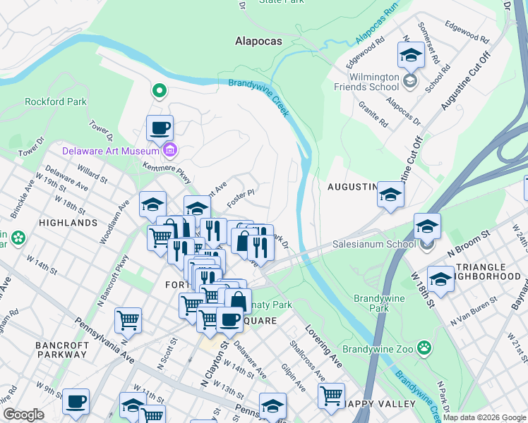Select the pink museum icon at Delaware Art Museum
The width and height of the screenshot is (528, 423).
click(x=169, y=149)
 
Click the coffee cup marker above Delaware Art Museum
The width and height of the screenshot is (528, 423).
click(x=160, y=128)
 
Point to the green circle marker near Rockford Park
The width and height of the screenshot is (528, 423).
click(x=160, y=90)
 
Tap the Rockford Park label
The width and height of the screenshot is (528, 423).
click(x=56, y=102)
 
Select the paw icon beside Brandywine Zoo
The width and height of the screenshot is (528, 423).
click(x=424, y=347)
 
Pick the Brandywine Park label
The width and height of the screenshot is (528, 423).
click(x=379, y=303)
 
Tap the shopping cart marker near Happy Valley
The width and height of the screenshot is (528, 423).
click(x=331, y=396)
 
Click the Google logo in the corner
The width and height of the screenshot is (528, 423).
click(x=23, y=415)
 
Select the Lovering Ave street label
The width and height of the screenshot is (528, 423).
click(x=323, y=346)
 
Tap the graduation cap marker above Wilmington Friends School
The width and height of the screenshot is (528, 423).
click(x=410, y=54)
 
